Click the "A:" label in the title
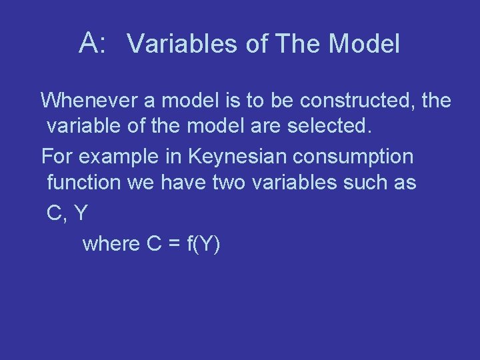(93, 43)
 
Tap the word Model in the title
(365, 44)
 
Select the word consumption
(358, 157)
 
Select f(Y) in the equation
(203, 245)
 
